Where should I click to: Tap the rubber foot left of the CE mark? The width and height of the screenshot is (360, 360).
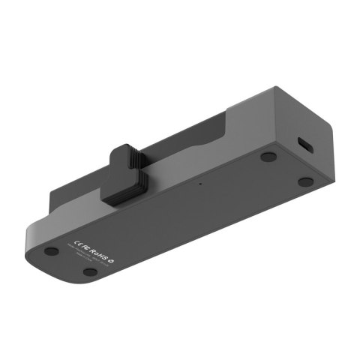(51, 252)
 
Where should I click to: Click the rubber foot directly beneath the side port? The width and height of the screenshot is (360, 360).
(304, 181)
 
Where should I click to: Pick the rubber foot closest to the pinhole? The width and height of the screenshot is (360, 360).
(268, 157)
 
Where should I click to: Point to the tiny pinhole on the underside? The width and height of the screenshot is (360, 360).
(199, 181)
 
